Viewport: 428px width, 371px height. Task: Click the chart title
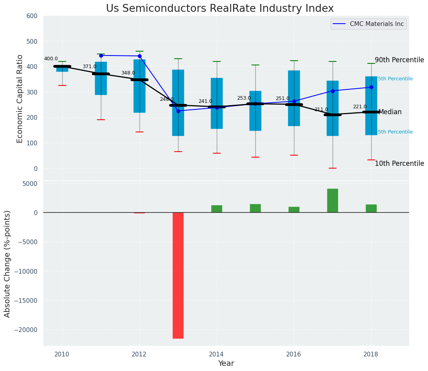tap(220, 9)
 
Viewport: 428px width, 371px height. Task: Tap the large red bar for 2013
tap(178, 275)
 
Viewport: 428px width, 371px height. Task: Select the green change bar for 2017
tap(333, 200)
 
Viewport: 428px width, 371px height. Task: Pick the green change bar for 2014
tap(217, 209)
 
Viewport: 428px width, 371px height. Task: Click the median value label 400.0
tap(51, 59)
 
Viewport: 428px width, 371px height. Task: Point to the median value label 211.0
tap(321, 109)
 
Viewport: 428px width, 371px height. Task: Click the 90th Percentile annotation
tap(399, 60)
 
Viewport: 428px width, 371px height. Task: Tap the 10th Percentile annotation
tap(399, 163)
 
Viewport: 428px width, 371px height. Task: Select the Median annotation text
tap(390, 112)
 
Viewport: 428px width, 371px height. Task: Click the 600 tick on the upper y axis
tap(32, 16)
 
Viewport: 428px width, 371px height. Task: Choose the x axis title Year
tap(226, 364)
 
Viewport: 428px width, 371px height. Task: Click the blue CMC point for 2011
tap(101, 56)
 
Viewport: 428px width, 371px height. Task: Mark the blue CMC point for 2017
tap(333, 91)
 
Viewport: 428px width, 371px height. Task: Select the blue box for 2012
tap(140, 86)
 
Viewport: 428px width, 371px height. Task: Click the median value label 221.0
tap(359, 107)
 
